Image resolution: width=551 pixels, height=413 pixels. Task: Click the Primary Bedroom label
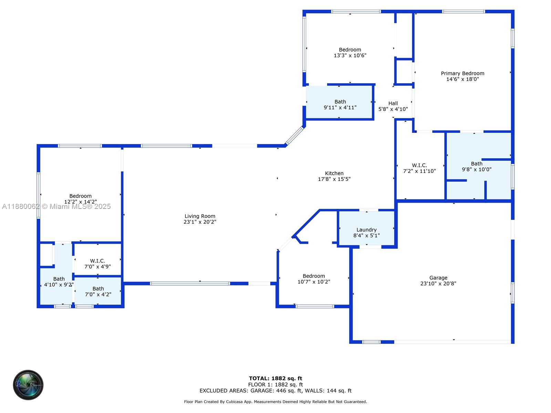pyautogui.click(x=462, y=73)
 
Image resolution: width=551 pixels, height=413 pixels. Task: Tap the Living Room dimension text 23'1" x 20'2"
pyautogui.click(x=200, y=222)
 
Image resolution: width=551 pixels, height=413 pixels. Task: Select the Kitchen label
pyautogui.click(x=334, y=173)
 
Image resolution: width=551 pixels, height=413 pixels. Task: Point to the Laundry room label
pyautogui.click(x=366, y=230)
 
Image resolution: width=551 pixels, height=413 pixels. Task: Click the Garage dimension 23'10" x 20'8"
pyautogui.click(x=438, y=284)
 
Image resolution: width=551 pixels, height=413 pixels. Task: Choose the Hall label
pyautogui.click(x=393, y=103)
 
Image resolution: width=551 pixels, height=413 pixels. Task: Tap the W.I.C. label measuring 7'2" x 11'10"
pyautogui.click(x=419, y=166)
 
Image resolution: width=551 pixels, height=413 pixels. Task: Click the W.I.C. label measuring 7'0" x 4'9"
pyautogui.click(x=97, y=261)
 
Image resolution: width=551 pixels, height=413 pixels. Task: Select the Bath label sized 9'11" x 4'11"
pyautogui.click(x=340, y=102)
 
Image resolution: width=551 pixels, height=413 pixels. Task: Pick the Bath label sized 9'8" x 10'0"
pyautogui.click(x=477, y=164)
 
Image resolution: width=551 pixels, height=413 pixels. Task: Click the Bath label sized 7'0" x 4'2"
pyautogui.click(x=98, y=289)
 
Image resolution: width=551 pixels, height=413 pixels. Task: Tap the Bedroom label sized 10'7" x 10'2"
pyautogui.click(x=314, y=276)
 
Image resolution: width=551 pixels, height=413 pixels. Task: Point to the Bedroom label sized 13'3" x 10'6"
pyautogui.click(x=350, y=50)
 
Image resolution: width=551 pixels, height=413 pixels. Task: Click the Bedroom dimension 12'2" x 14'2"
pyautogui.click(x=81, y=202)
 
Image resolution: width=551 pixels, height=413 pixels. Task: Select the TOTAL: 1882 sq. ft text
pyautogui.click(x=275, y=378)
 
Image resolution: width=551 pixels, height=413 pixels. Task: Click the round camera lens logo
pyautogui.click(x=28, y=385)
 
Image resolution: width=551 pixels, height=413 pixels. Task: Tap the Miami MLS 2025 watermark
pyautogui.click(x=56, y=206)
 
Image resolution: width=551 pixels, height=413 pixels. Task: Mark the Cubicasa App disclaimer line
pyautogui.click(x=275, y=402)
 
